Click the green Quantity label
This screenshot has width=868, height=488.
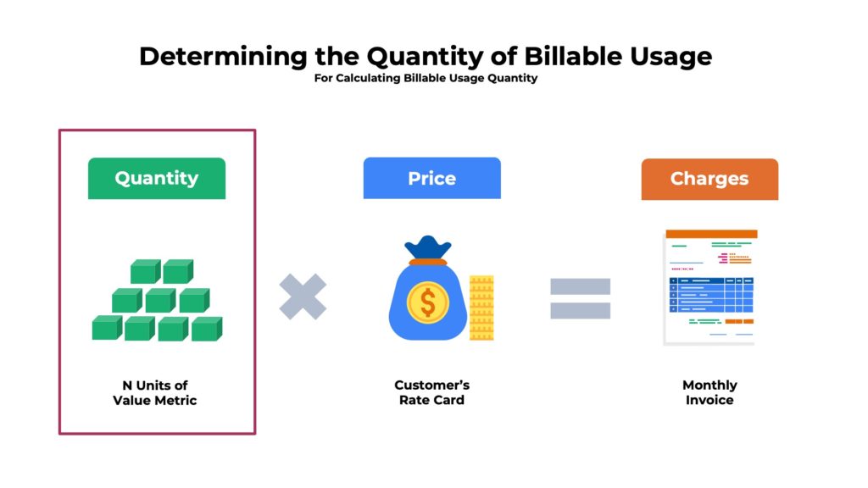click(157, 179)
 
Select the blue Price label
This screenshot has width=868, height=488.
click(431, 179)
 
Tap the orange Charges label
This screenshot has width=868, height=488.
click(709, 179)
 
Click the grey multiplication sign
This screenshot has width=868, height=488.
click(303, 297)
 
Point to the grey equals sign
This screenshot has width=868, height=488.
click(580, 298)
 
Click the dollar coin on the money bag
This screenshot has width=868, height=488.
click(428, 302)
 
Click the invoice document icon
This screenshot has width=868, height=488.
click(709, 287)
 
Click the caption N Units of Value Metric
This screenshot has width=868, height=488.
click(154, 392)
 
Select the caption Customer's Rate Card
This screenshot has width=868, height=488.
click(431, 392)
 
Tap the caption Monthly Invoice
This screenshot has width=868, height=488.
click(709, 392)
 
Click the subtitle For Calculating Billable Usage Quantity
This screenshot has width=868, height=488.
click(426, 79)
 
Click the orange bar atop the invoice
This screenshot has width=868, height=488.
click(711, 234)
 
